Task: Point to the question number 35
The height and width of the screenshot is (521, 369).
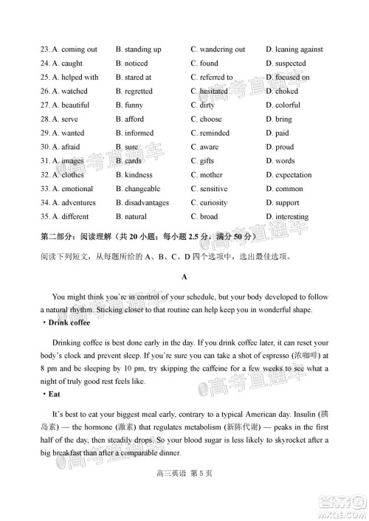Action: coord(45,217)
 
